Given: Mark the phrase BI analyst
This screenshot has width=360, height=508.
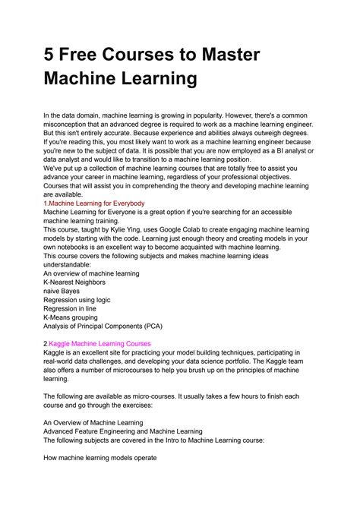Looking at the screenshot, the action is pos(299,152).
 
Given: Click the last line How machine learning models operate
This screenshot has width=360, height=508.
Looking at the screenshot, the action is pos(99,458).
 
